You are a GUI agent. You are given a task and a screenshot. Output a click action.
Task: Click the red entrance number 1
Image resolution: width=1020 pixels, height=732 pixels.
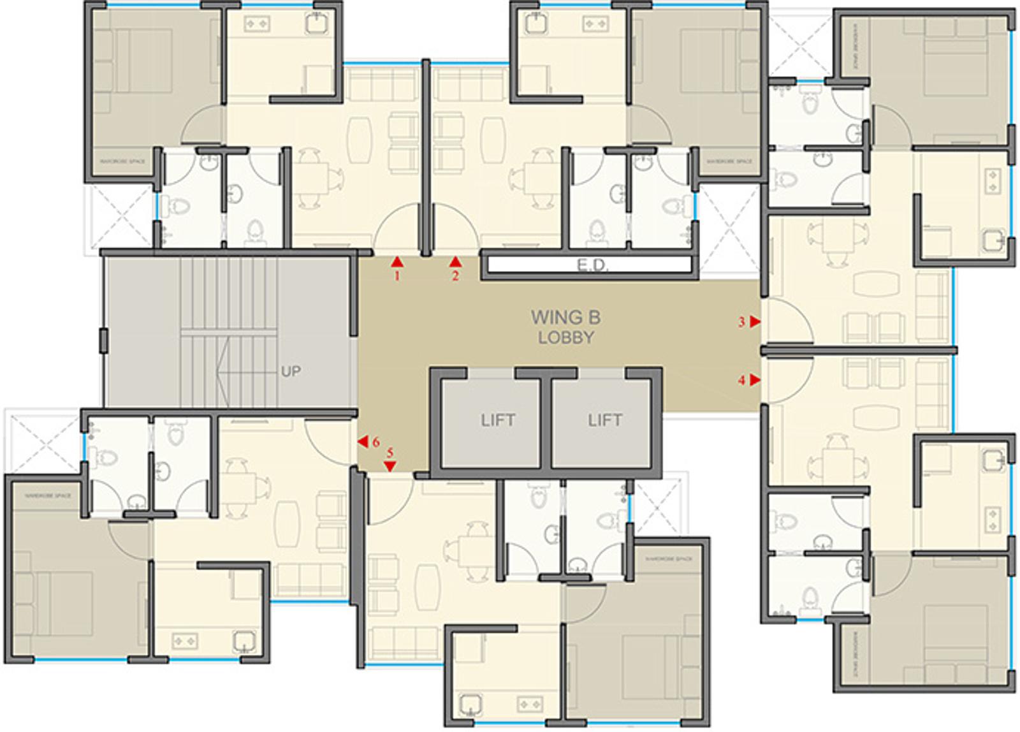click(x=397, y=276)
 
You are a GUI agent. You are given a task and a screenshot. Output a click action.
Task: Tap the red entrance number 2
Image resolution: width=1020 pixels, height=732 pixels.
click(x=455, y=276)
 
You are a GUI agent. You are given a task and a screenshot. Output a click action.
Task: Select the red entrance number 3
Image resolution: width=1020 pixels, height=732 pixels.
click(x=741, y=323)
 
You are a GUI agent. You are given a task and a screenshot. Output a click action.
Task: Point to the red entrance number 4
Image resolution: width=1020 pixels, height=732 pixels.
click(x=741, y=381)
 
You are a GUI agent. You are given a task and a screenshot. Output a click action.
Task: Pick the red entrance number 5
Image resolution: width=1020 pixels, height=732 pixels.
click(x=390, y=453)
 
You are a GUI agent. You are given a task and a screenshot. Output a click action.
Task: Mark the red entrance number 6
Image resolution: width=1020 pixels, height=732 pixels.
click(x=376, y=442)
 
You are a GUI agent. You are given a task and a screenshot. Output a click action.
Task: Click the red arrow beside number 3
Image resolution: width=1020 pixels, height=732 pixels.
click(x=755, y=322)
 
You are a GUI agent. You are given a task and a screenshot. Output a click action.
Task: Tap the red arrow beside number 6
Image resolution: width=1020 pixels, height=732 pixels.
click(x=362, y=441)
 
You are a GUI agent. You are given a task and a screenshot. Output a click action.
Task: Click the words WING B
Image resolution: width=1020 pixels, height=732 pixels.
click(x=565, y=317)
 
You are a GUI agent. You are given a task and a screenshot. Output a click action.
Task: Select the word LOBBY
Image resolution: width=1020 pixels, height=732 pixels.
click(x=565, y=338)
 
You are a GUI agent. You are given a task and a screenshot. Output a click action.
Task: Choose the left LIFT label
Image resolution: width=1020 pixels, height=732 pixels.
click(x=498, y=420)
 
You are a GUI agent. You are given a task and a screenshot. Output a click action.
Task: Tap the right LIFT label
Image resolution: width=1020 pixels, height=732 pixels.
click(x=604, y=420)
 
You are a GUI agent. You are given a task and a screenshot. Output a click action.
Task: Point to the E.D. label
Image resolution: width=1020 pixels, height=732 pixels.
click(x=593, y=265)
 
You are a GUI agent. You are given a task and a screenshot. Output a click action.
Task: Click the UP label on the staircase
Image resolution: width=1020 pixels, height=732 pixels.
click(x=291, y=371)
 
